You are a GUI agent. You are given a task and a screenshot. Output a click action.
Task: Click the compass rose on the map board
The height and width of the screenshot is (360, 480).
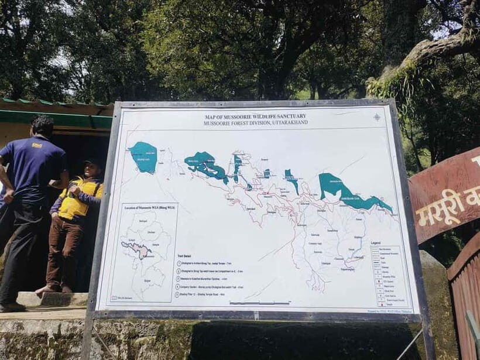click(376, 117)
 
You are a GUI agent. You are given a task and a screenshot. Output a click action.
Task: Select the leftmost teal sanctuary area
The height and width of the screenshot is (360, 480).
click(143, 157)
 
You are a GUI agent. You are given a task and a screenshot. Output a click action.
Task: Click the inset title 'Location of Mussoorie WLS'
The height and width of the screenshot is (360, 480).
click(149, 208)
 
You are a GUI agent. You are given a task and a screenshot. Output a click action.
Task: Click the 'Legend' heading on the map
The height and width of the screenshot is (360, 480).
click(376, 242)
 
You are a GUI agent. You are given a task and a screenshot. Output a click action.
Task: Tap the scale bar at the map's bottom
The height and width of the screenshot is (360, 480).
click(259, 303)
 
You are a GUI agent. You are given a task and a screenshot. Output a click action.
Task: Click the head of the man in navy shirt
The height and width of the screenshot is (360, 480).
click(43, 125)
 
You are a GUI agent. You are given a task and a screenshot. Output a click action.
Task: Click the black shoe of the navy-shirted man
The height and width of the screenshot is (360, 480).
click(12, 307)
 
